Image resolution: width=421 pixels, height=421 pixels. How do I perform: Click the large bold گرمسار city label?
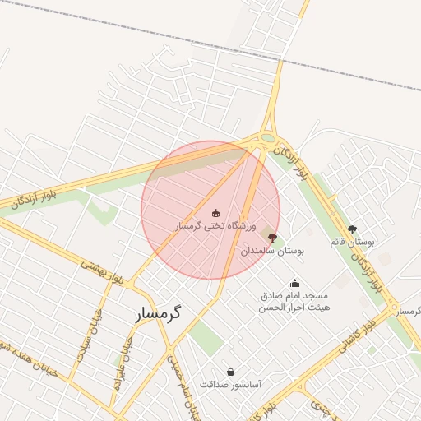coord(156,313)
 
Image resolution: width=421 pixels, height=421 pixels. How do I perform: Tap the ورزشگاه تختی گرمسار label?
coord(215,224)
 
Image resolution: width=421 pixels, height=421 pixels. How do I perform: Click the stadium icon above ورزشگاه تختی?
coord(216,212)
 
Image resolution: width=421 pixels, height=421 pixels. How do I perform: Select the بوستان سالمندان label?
coord(273,250)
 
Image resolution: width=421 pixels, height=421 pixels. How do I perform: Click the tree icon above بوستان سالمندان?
coord(273,237)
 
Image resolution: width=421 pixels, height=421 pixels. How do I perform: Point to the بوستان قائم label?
coord(352,243)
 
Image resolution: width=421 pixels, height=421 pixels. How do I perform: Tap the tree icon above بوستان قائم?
coord(353,229)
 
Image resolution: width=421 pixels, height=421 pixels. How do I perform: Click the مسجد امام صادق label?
coord(295,294)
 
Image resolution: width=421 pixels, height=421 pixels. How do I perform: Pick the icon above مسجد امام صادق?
coord(295,283)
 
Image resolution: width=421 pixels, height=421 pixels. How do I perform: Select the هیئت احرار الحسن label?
coord(295,307)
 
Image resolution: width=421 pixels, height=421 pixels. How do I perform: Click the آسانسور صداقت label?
coord(230,384)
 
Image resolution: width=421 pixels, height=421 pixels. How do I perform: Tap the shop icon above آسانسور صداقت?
coord(230,372)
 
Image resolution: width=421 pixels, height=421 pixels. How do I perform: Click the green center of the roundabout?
coord(268,138)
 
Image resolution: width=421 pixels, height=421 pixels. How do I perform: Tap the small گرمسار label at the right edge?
coord(406,311)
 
